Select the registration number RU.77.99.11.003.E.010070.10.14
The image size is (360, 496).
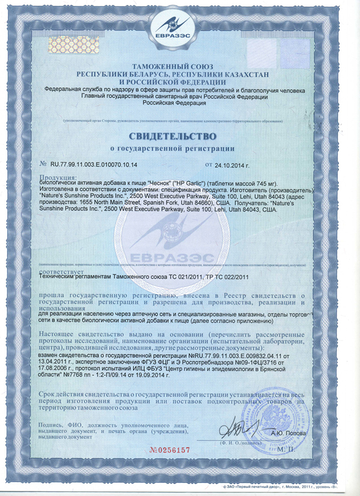94,163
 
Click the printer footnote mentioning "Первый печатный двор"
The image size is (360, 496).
277,486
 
